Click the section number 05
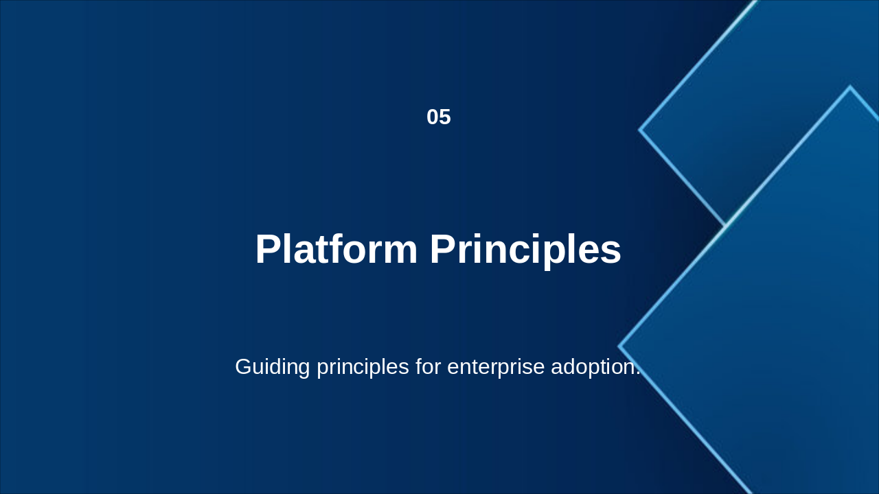(439, 117)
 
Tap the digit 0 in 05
(433, 117)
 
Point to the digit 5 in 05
(446, 117)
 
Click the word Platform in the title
(336, 249)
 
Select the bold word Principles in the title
(525, 251)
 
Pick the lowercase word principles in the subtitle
(363, 367)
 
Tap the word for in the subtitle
(428, 366)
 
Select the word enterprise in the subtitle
(496, 367)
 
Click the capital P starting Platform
(269, 249)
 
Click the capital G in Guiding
(244, 366)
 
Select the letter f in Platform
(335, 248)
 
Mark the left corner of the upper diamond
(639, 130)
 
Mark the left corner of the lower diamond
(619, 346)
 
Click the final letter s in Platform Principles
(611, 253)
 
